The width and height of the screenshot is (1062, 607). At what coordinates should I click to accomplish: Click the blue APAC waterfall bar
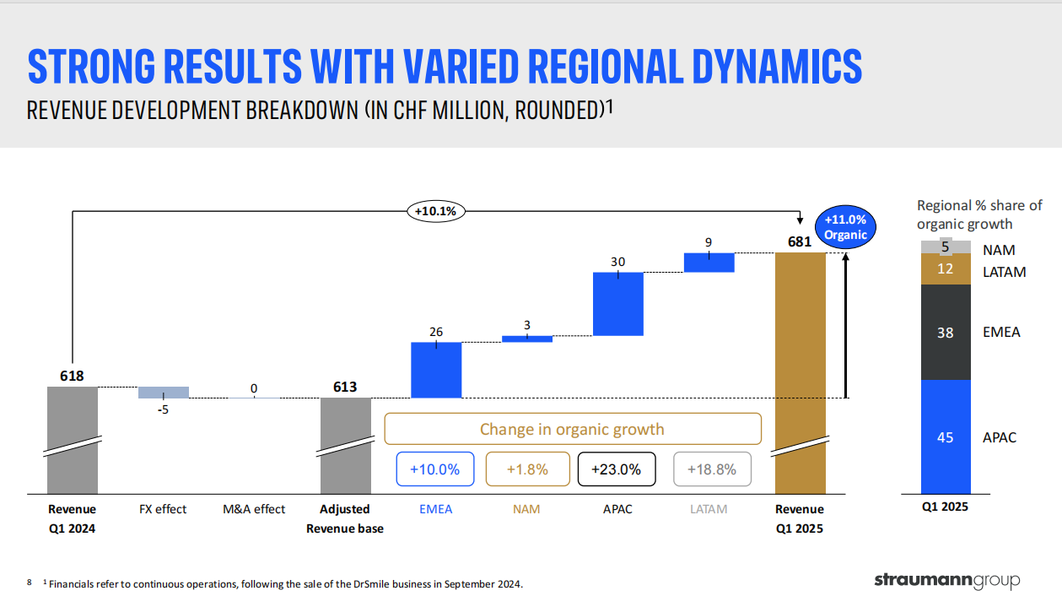click(618, 304)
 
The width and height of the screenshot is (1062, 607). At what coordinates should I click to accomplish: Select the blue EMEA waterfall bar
click(436, 370)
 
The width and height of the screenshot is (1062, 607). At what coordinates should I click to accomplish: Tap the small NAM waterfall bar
click(527, 339)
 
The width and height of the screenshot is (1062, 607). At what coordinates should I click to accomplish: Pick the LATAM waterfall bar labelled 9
click(709, 263)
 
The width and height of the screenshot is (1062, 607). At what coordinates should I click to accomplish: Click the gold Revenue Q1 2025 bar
click(800, 371)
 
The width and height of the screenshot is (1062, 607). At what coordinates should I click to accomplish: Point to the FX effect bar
click(164, 393)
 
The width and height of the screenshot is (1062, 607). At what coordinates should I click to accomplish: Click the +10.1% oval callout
click(435, 211)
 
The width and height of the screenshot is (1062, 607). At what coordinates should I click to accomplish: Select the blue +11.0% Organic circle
click(845, 227)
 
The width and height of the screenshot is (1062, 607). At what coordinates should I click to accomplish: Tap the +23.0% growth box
click(617, 469)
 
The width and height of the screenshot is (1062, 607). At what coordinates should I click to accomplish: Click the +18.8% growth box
click(712, 469)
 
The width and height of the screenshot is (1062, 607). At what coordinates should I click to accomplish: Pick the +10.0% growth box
click(434, 469)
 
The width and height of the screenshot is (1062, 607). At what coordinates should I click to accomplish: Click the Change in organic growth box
click(573, 429)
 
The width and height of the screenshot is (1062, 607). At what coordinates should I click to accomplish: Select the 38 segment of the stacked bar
click(946, 333)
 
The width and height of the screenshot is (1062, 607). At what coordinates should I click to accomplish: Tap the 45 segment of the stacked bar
click(946, 436)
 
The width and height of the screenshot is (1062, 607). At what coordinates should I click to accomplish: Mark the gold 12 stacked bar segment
click(946, 269)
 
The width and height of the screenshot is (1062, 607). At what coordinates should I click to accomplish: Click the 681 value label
click(799, 242)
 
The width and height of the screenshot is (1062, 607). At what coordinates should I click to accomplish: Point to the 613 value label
click(344, 388)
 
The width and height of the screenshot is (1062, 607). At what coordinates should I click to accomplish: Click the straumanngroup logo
click(946, 581)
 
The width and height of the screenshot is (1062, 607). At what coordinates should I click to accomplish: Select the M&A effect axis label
click(254, 509)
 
